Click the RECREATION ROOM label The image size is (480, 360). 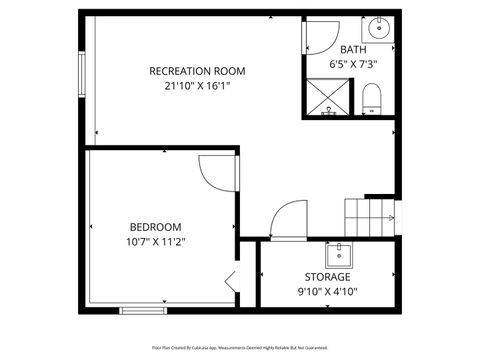pos(197,71)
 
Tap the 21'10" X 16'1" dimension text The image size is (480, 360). pos(197,86)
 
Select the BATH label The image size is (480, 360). pos(353,50)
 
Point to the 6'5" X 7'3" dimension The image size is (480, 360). pos(353,64)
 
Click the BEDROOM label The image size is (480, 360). pos(155,227)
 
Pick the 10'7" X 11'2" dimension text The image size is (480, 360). pos(155,242)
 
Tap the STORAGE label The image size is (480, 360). pos(327,277)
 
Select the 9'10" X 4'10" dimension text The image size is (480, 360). pos(327,292)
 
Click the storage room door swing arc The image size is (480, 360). pos(289,219)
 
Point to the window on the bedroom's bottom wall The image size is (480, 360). pos(144,310)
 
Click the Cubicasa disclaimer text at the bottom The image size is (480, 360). pos(240,347)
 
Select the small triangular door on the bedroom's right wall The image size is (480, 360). pos(231,281)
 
